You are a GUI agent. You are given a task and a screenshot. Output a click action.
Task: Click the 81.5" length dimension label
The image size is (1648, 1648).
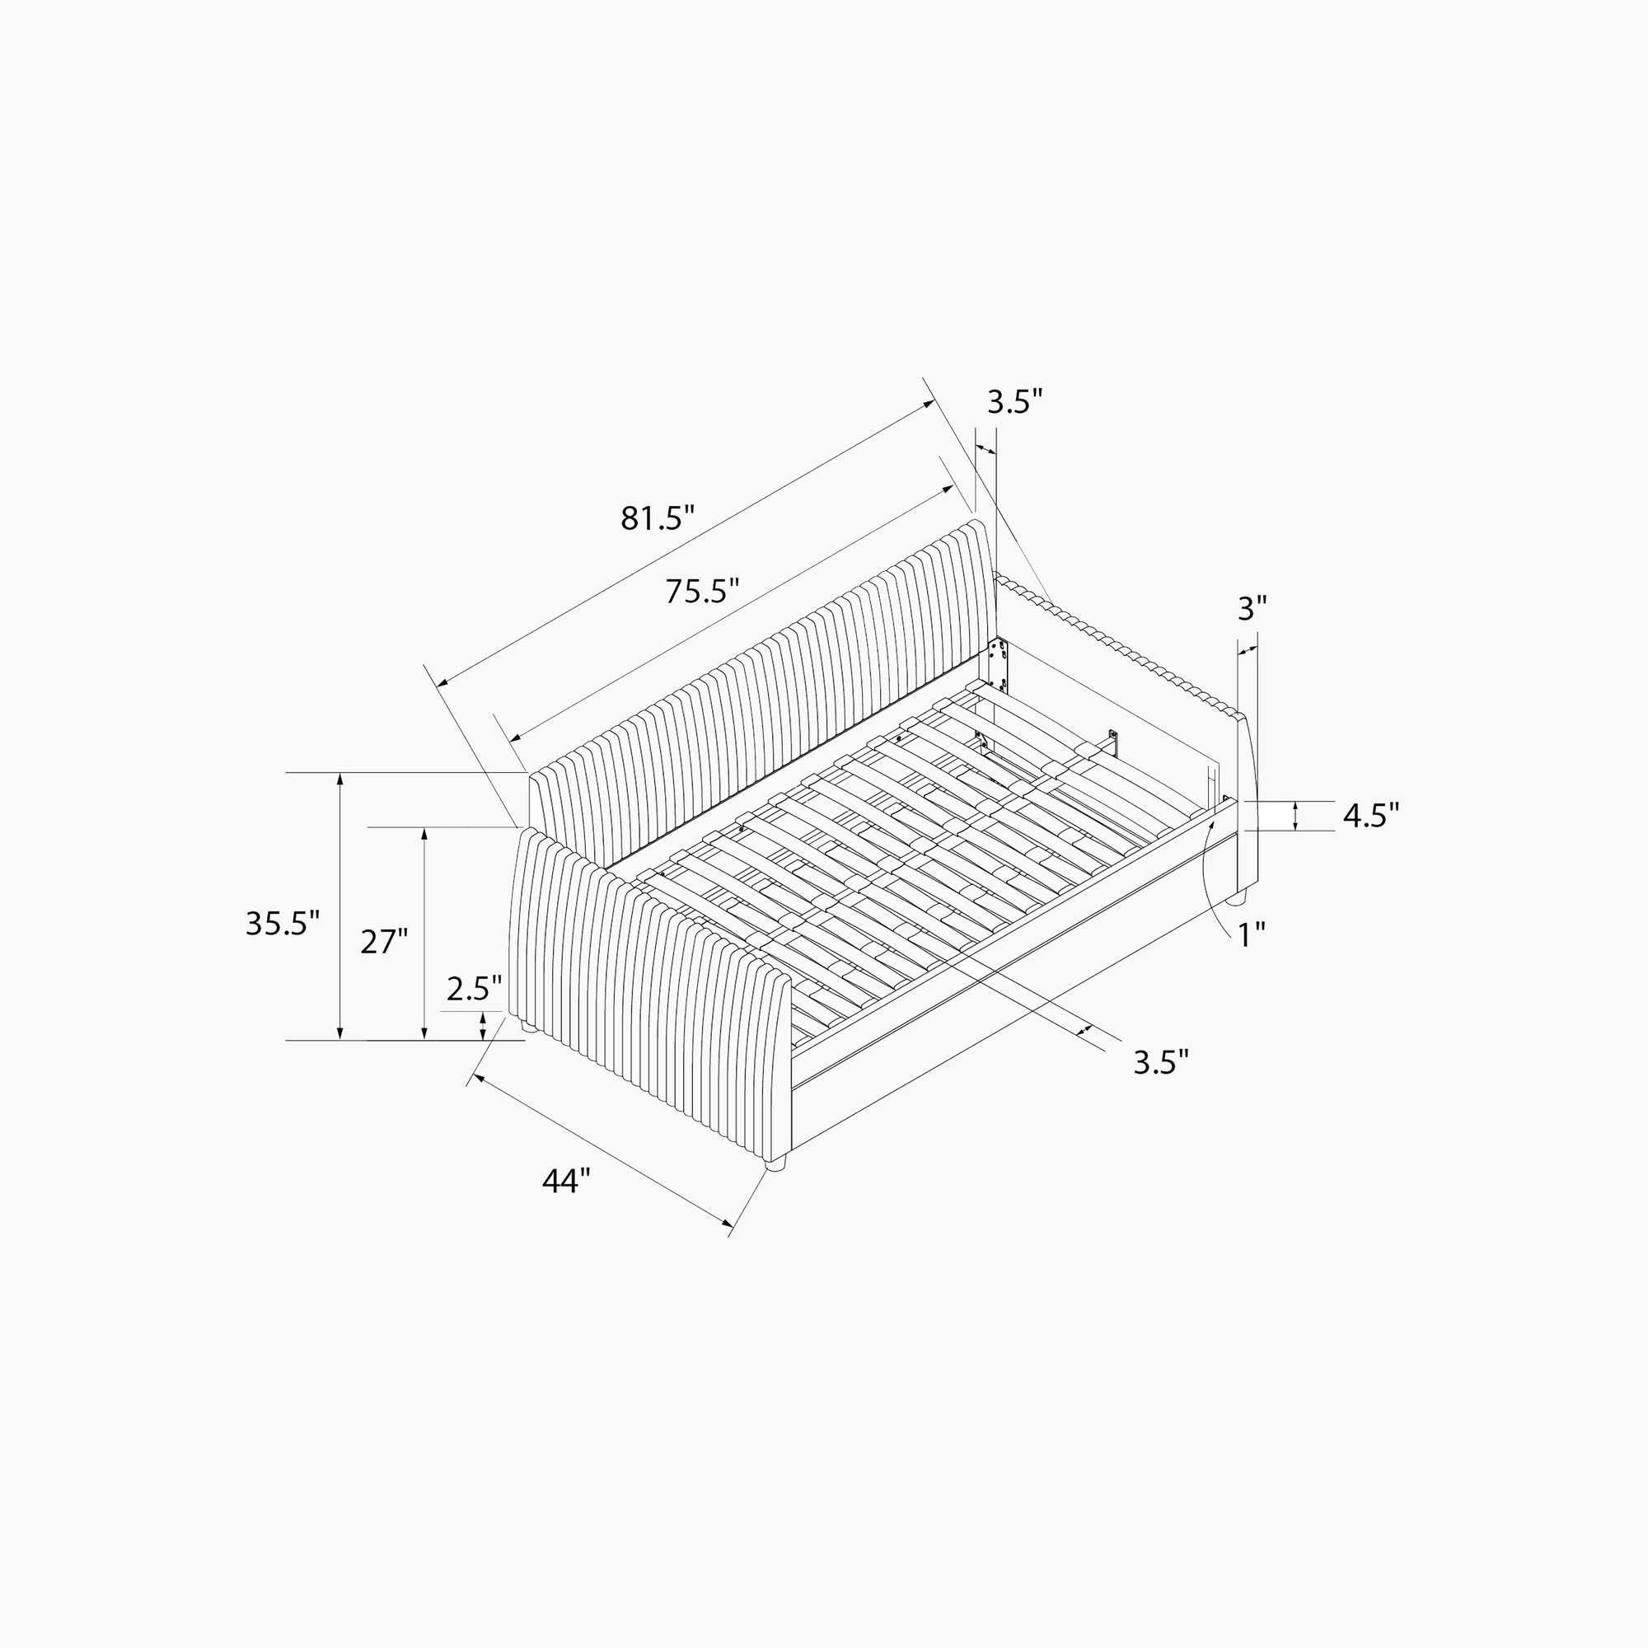tap(658, 517)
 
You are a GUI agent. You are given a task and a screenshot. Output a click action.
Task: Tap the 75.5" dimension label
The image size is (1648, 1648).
tap(702, 590)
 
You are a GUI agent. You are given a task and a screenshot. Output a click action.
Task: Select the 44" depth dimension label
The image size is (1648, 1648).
tap(566, 1182)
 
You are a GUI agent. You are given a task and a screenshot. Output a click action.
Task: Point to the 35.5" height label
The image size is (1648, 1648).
tap(283, 923)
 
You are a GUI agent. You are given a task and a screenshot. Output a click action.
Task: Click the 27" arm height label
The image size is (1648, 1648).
tap(384, 942)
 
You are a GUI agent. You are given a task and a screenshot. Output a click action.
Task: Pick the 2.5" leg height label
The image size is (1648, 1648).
tap(475, 989)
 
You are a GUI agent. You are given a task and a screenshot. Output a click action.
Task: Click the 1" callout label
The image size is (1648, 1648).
tap(1252, 935)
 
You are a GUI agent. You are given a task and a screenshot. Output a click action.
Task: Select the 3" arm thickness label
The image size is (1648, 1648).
tap(1252, 608)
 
